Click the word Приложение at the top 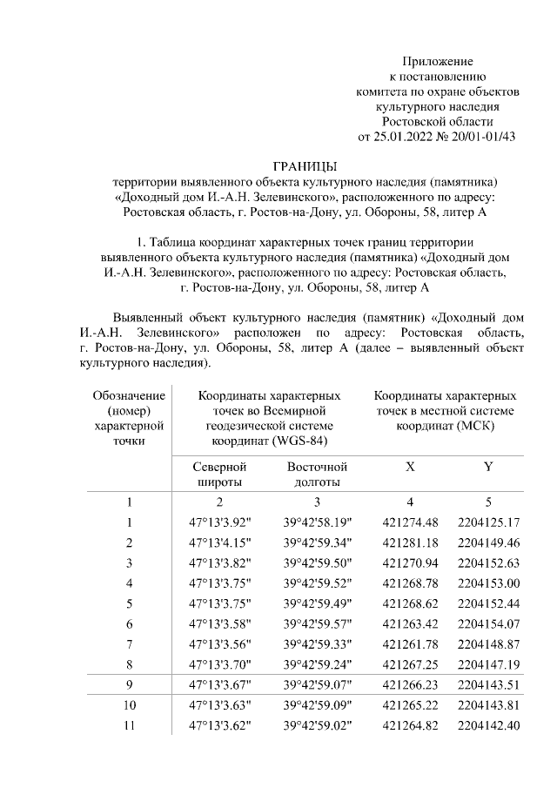(437, 61)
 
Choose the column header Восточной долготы (317, 475)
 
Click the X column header (409, 467)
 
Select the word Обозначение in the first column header (129, 396)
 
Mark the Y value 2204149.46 (487, 542)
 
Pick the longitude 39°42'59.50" (317, 562)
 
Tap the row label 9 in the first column (129, 684)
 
